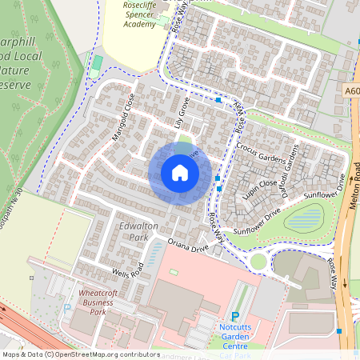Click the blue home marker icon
[180, 172]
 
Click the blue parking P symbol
[235, 318]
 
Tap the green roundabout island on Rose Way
[258, 262]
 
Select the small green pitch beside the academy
[97, 62]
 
